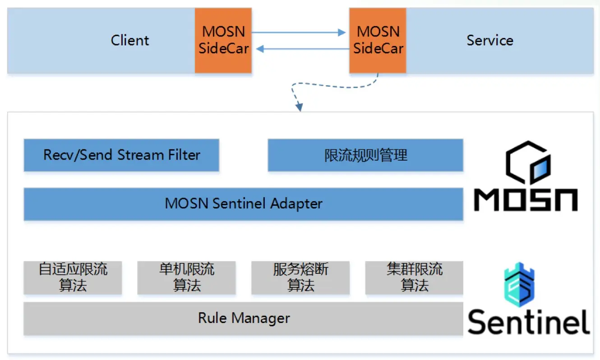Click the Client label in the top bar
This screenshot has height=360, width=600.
[129, 41]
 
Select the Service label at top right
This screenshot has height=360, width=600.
[489, 41]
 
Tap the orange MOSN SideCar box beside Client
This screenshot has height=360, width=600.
[223, 40]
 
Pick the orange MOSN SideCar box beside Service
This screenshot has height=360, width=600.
[378, 40]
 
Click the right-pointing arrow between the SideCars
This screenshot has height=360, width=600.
[298, 32]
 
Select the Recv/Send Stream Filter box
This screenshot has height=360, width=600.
[121, 155]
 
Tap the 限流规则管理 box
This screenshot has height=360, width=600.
[365, 155]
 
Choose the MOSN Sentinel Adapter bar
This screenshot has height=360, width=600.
[243, 203]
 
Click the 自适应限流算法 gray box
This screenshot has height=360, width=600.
[73, 277]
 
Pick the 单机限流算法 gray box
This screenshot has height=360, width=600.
[186, 277]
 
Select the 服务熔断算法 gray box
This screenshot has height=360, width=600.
[300, 277]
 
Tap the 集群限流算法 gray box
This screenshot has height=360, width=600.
[414, 277]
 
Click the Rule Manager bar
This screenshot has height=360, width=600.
[243, 318]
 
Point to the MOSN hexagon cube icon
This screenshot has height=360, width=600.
[527, 164]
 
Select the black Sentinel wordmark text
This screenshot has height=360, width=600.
[528, 321]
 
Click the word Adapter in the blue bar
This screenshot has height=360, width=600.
[296, 204]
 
